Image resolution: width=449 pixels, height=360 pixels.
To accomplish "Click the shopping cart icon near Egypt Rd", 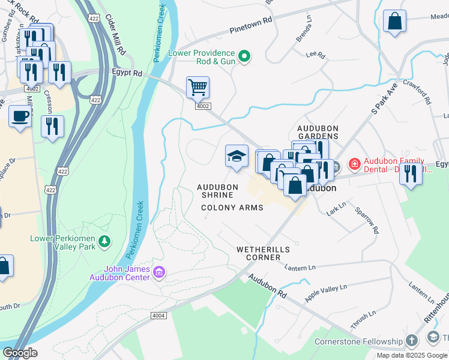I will pos(197,88).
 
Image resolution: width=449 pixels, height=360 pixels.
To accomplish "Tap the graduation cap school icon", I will pos(237,157).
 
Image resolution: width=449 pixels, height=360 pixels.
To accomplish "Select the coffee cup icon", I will pos(20,116).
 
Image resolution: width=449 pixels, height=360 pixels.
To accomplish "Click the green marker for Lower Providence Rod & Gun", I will pos(244,57).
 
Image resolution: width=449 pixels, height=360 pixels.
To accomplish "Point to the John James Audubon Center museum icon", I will pos(159,274).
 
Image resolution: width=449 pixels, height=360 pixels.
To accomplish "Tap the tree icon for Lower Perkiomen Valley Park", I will pos(105,241).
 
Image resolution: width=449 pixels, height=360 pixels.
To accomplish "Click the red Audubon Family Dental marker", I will pos(354,164).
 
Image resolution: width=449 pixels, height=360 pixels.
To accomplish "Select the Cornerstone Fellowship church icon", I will pos(411,341).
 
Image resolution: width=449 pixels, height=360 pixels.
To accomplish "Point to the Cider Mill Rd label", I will pos(115,35).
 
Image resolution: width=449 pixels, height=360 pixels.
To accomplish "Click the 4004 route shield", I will pos(158,316).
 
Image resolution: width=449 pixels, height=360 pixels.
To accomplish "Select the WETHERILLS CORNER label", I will pos(263,253).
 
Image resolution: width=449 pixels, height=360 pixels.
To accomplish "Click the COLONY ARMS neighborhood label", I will pos(232,208).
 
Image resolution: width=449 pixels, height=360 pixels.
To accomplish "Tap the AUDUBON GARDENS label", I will pos(318,133).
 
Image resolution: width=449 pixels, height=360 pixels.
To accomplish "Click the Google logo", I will pos(20,353).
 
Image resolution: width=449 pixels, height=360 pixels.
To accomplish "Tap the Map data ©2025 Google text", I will pos(411,355).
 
